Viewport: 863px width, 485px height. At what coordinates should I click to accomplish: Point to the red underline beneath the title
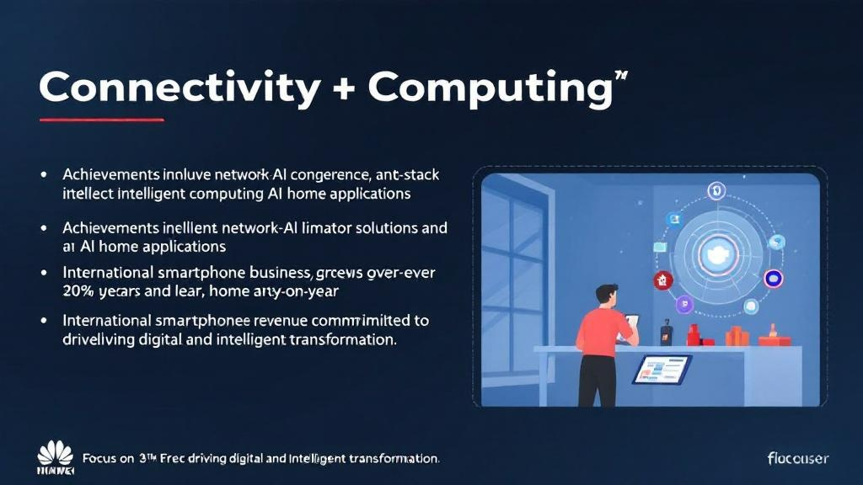coord(101,120)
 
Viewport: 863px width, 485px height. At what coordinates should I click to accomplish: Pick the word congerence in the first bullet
coord(323,175)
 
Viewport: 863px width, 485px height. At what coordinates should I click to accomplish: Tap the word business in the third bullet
coord(271,273)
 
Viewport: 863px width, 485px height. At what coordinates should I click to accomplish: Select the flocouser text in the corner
coord(797,458)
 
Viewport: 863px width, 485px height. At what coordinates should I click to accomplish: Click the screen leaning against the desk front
coord(662,369)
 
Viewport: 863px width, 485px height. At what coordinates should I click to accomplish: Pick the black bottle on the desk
coord(666,333)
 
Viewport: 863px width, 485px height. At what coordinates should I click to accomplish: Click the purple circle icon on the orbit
coord(773,279)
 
